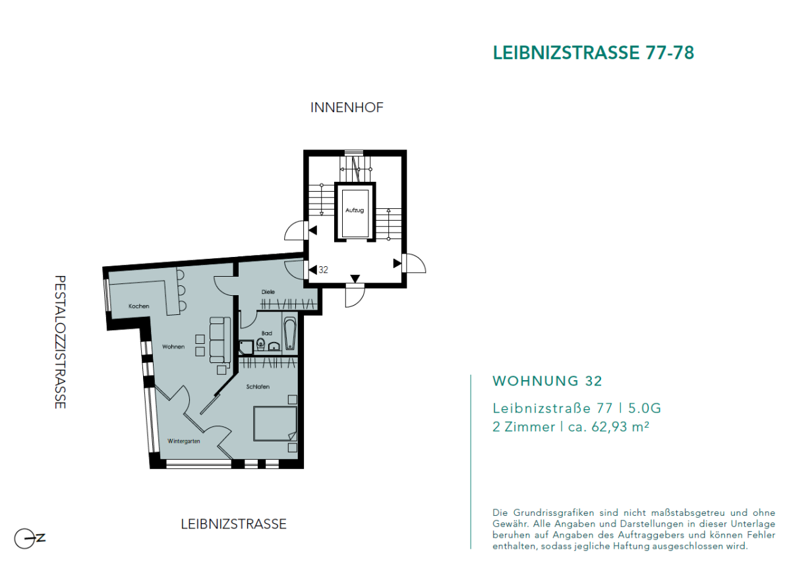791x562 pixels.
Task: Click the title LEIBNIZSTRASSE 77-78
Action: [x=593, y=53]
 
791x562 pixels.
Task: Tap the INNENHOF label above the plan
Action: [x=347, y=107]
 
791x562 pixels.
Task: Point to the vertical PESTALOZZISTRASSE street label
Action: [x=61, y=341]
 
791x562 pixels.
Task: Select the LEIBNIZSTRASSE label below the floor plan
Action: [x=233, y=524]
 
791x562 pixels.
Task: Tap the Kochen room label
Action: [x=139, y=306]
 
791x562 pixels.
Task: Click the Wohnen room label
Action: [x=173, y=347]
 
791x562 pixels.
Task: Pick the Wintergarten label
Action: [x=184, y=441]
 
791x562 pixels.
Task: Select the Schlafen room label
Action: [x=258, y=387]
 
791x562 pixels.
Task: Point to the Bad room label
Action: [x=266, y=333]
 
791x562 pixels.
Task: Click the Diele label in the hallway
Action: [x=268, y=291]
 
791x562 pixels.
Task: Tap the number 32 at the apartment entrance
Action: [x=323, y=269]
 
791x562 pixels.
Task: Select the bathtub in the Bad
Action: [x=290, y=335]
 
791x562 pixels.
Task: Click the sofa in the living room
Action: [x=220, y=339]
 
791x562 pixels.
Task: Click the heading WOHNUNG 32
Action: [x=547, y=381]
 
